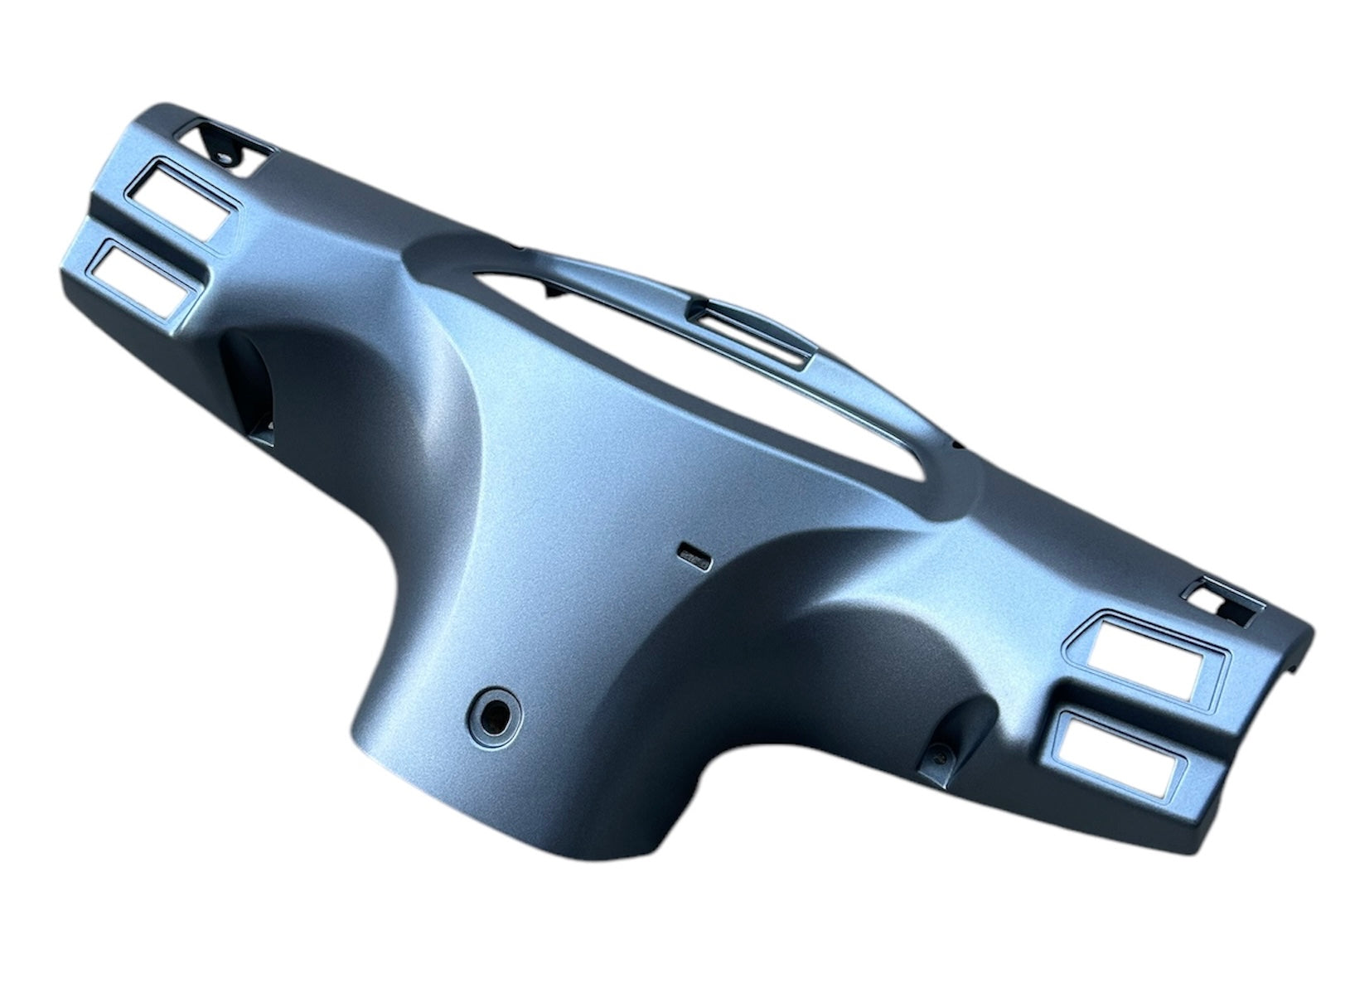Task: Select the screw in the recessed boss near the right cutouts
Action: coord(940,754)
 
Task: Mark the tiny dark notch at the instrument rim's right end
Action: coord(959,446)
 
